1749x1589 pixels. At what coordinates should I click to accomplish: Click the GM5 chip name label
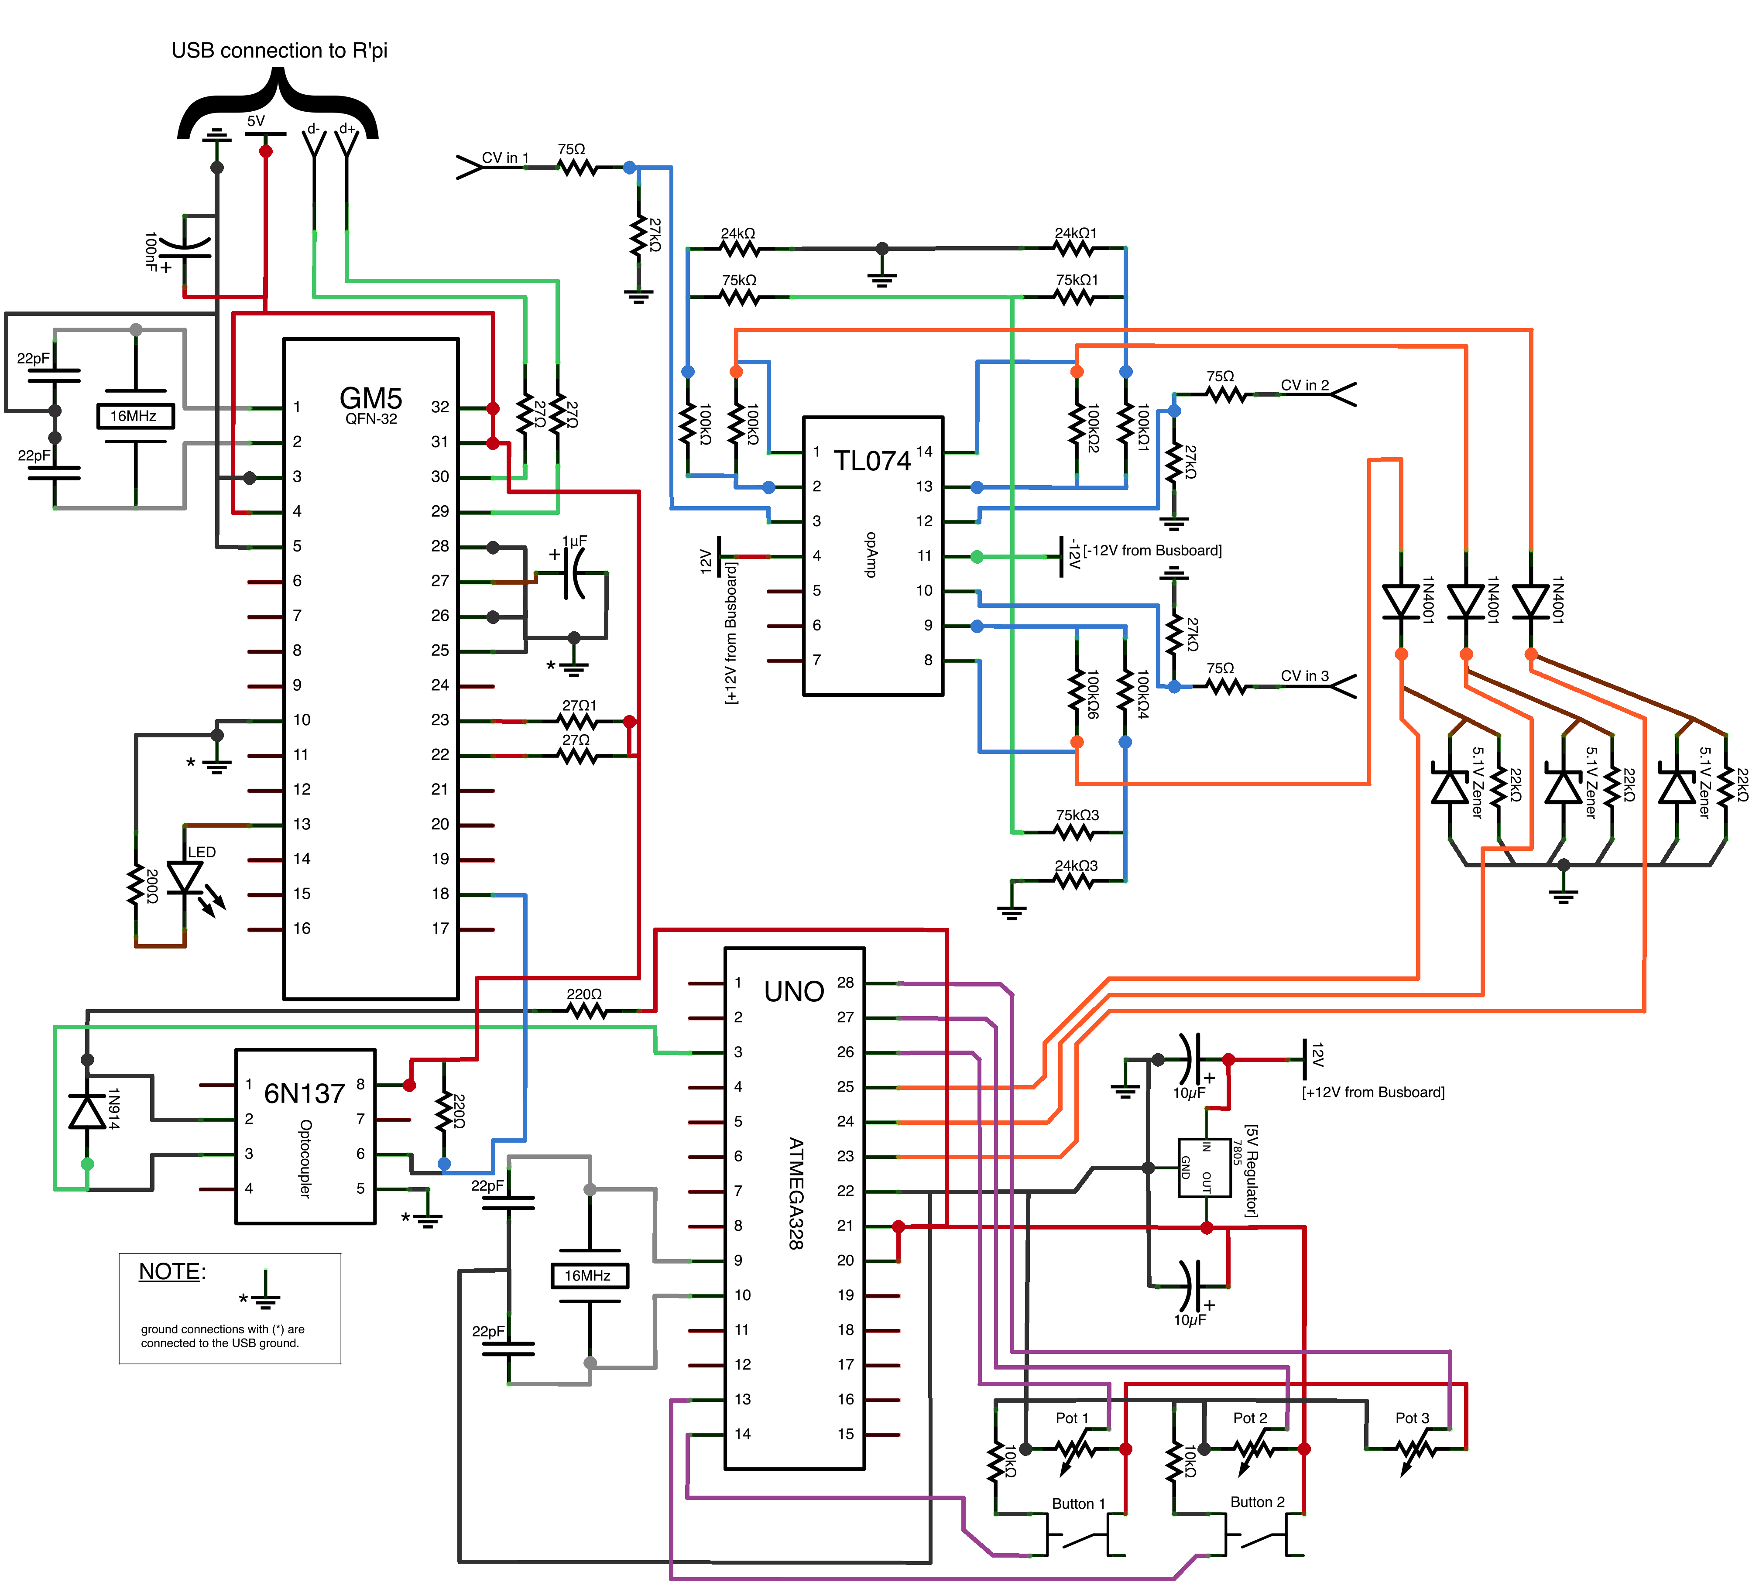(x=370, y=398)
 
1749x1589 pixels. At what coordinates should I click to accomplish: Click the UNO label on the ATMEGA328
(x=794, y=991)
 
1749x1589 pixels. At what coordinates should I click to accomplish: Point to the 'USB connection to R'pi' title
(x=279, y=50)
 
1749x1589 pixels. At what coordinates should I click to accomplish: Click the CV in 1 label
(x=505, y=158)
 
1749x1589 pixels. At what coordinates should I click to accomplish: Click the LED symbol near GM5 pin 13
(x=185, y=878)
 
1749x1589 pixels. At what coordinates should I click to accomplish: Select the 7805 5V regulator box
(x=1204, y=1168)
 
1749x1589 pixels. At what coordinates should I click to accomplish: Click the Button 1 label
(x=1078, y=1503)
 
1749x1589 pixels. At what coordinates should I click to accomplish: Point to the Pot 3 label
(x=1413, y=1417)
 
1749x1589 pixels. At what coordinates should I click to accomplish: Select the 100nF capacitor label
(x=151, y=252)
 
